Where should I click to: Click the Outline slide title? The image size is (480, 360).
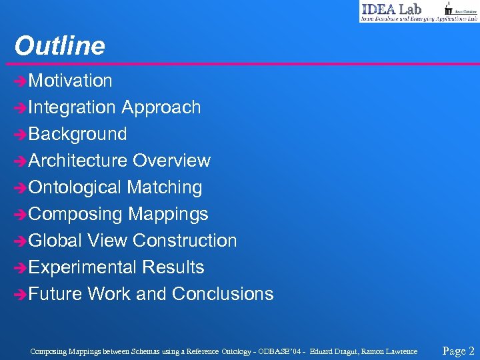(x=60, y=46)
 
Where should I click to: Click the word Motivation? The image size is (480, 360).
(x=71, y=81)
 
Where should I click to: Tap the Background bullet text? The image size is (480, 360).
(x=78, y=134)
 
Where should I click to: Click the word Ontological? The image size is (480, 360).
(x=75, y=187)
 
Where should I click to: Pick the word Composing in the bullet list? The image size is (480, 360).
(x=76, y=214)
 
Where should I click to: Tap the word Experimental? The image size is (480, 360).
(x=83, y=267)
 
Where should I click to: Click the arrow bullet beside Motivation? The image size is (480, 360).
(x=21, y=81)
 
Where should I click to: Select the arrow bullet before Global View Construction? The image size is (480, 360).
(x=21, y=241)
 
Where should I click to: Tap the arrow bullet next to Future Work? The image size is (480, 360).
(x=21, y=295)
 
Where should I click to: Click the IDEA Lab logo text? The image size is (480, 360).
(x=391, y=9)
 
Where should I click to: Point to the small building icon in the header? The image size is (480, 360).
(x=448, y=9)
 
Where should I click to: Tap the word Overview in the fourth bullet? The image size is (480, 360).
(x=171, y=161)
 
